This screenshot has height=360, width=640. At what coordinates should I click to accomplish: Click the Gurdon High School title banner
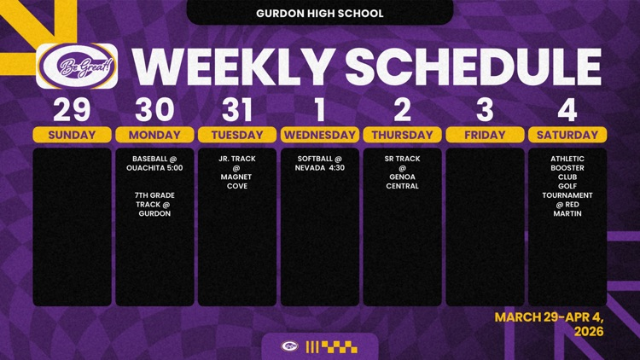pyautogui.click(x=320, y=12)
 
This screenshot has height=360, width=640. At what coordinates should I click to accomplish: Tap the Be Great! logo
pyautogui.click(x=77, y=67)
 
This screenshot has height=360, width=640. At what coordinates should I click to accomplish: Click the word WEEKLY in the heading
pyautogui.click(x=233, y=67)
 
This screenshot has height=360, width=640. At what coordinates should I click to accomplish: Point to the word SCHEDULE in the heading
pyautogui.click(x=473, y=67)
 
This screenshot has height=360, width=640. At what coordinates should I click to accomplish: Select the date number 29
pyautogui.click(x=72, y=110)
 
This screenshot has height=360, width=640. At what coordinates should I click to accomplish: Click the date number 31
pyautogui.click(x=236, y=110)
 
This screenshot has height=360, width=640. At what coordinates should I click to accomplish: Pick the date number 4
pyautogui.click(x=567, y=110)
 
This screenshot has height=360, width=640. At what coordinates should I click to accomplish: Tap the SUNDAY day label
pyautogui.click(x=72, y=135)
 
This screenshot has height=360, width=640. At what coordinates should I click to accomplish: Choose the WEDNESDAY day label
pyautogui.click(x=320, y=135)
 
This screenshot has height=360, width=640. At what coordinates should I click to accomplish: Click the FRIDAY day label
pyautogui.click(x=485, y=135)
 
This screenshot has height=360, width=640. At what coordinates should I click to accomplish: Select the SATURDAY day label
pyautogui.click(x=567, y=135)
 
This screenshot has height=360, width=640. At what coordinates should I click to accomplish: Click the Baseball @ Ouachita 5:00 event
pyautogui.click(x=154, y=163)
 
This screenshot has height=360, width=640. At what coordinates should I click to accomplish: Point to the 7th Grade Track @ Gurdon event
pyautogui.click(x=154, y=204)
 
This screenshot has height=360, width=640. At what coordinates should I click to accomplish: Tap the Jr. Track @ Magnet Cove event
pyautogui.click(x=236, y=172)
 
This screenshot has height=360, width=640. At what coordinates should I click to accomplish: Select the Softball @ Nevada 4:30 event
pyautogui.click(x=320, y=163)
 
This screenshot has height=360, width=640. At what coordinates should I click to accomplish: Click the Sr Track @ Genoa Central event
pyautogui.click(x=403, y=172)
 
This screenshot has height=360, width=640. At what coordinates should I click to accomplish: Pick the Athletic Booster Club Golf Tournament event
pyautogui.click(x=567, y=186)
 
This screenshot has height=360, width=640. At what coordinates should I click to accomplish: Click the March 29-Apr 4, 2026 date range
pyautogui.click(x=549, y=323)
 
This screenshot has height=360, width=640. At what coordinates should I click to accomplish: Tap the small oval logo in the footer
pyautogui.click(x=290, y=346)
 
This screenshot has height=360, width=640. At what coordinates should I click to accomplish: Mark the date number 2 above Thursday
pyautogui.click(x=403, y=110)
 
